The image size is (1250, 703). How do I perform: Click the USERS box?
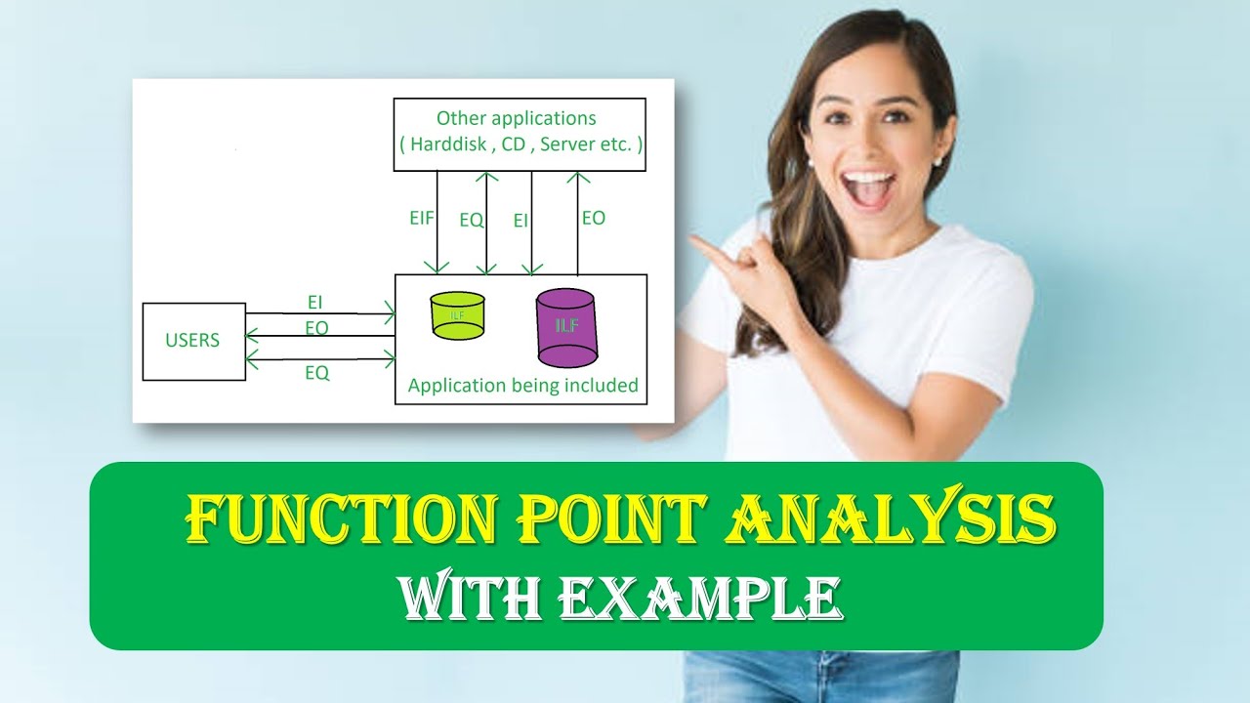click(x=193, y=341)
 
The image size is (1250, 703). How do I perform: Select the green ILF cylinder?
click(x=457, y=315)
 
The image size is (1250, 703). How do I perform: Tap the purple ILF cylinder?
click(x=566, y=326)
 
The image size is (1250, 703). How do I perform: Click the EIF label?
click(x=423, y=219)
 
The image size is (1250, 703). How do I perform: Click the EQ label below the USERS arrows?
click(x=317, y=372)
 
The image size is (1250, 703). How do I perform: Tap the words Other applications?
click(x=516, y=118)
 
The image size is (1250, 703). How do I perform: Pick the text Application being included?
click(x=522, y=385)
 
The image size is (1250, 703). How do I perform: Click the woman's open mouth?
click(x=868, y=185)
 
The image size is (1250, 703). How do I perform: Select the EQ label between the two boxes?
click(x=472, y=221)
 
